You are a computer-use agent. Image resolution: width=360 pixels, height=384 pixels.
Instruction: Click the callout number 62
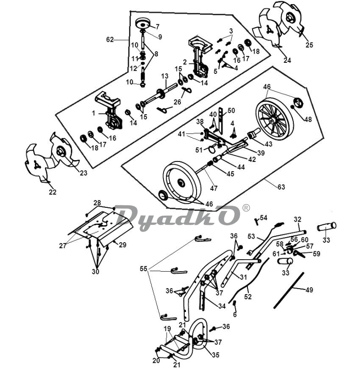click(110, 39)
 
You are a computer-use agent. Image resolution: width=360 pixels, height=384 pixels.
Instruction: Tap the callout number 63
click(281, 187)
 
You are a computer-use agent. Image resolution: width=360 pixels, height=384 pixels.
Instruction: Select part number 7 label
click(157, 27)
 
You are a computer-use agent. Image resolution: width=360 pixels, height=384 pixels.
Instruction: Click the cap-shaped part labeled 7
click(143, 23)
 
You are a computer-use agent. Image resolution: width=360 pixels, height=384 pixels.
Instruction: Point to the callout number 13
click(165, 76)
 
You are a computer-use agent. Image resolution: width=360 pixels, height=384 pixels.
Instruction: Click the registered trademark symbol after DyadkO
click(246, 208)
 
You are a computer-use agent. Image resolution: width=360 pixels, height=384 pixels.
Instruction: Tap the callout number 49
click(309, 290)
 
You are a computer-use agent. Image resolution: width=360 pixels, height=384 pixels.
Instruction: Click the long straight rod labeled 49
click(289, 290)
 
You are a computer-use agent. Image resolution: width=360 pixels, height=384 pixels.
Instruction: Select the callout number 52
click(248, 297)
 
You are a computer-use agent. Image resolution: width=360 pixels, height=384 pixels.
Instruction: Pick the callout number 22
click(53, 192)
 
